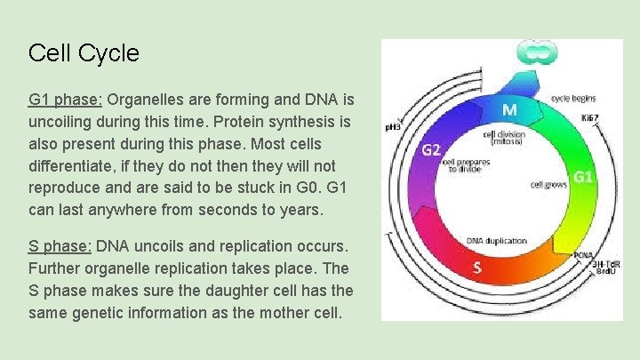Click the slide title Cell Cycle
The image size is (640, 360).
pyautogui.click(x=84, y=53)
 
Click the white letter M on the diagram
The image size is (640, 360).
pyautogui.click(x=510, y=110)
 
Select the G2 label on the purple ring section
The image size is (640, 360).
pyautogui.click(x=430, y=149)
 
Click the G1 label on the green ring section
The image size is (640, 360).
pyautogui.click(x=582, y=177)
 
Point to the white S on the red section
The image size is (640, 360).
pyautogui.click(x=478, y=266)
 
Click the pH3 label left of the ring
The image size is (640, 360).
pyautogui.click(x=391, y=126)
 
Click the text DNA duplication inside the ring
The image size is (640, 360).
pyautogui.click(x=496, y=241)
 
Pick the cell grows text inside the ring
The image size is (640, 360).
pyautogui.click(x=548, y=185)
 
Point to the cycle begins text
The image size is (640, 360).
pyautogui.click(x=573, y=98)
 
